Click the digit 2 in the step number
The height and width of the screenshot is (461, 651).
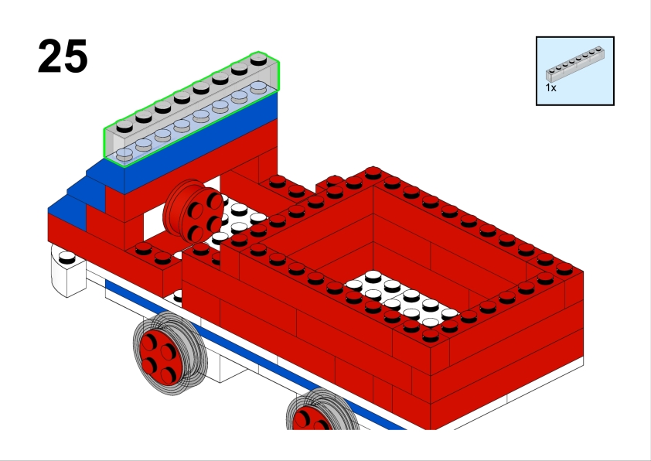(49, 56)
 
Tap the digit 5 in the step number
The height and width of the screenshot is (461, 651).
(76, 56)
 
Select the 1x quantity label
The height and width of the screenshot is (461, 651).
(550, 87)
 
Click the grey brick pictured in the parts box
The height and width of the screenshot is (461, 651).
(575, 63)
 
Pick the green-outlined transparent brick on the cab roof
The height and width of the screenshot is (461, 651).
(191, 109)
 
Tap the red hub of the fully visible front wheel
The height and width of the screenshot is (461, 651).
(158, 357)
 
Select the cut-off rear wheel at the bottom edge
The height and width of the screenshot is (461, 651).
(323, 409)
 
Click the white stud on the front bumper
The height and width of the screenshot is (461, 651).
(66, 258)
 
